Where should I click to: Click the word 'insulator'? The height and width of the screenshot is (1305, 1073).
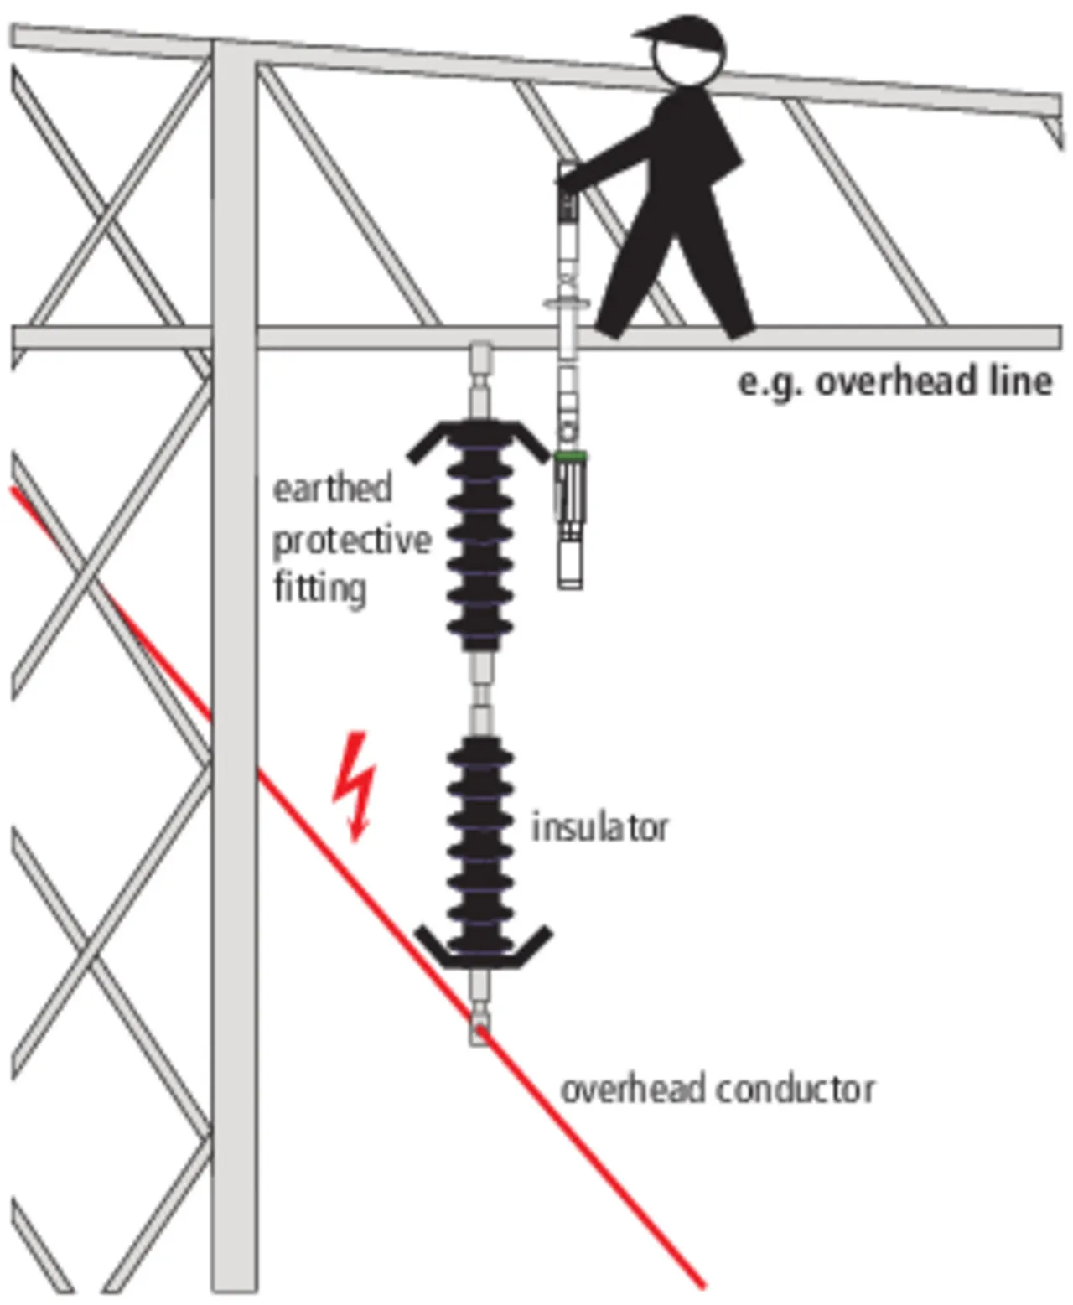tap(600, 827)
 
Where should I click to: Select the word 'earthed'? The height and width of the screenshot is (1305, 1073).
tap(332, 489)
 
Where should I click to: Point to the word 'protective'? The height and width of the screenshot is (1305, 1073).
tap(352, 541)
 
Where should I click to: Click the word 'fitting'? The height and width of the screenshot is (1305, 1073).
tap(319, 588)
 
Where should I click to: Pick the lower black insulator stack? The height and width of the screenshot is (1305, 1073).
tap(480, 847)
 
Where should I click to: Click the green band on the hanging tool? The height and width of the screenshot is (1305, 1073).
tap(570, 456)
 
